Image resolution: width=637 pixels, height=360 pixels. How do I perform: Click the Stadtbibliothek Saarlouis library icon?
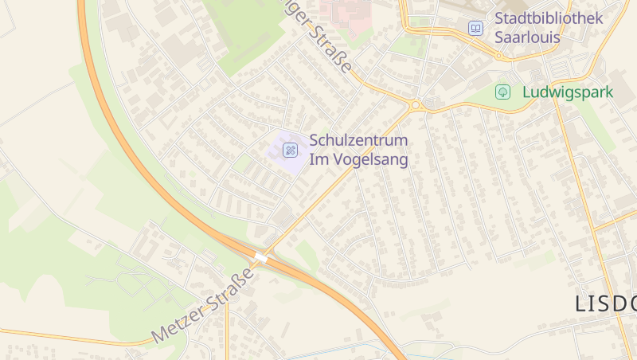(x=475, y=28)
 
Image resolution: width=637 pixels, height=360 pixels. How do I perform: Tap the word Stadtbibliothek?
(x=549, y=18)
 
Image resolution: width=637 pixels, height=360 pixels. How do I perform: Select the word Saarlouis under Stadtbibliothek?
(x=527, y=37)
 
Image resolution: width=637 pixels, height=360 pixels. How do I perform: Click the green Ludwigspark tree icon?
(x=503, y=92)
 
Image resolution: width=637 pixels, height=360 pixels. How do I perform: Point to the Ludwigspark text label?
(x=568, y=92)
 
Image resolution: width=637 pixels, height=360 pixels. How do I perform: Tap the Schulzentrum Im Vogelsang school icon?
(x=291, y=150)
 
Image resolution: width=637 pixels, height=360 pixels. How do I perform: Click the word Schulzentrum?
(x=358, y=140)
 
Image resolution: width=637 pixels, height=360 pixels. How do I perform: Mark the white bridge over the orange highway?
(x=261, y=258)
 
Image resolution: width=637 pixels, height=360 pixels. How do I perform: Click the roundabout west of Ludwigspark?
(x=415, y=104)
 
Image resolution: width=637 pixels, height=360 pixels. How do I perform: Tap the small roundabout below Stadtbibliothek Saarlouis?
(x=499, y=56)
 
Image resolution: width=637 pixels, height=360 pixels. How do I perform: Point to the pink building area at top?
(x=345, y=11)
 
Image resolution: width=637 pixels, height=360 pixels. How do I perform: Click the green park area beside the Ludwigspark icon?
(x=478, y=96)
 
